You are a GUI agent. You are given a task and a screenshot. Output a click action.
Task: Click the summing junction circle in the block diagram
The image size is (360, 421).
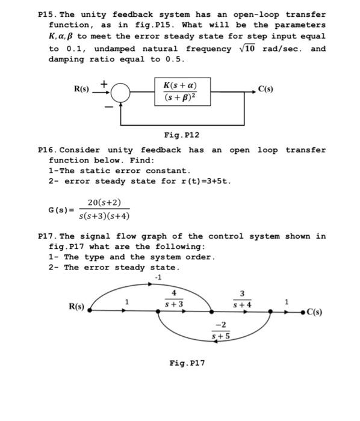(121, 92)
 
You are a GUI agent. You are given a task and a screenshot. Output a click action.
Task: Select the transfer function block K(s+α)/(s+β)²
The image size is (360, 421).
(182, 91)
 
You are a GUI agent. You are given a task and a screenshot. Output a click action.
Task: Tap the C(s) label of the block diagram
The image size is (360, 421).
(265, 90)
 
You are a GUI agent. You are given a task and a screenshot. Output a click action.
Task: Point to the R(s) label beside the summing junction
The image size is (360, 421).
(81, 90)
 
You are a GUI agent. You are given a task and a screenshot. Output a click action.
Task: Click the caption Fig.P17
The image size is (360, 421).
(187, 363)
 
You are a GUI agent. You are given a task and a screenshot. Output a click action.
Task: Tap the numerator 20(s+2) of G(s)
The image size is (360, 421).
(104, 203)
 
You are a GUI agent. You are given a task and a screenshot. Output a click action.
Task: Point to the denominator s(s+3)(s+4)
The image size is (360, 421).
(105, 216)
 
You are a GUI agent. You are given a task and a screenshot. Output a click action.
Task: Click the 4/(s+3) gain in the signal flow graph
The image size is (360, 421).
(174, 300)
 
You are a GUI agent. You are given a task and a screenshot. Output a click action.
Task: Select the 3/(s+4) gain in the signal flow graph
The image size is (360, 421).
(242, 300)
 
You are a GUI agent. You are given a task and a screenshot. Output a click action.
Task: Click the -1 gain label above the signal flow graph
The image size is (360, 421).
(158, 277)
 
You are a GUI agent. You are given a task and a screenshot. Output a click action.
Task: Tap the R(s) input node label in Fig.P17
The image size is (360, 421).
(76, 306)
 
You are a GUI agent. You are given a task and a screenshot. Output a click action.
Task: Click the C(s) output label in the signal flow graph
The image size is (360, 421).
(315, 312)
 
